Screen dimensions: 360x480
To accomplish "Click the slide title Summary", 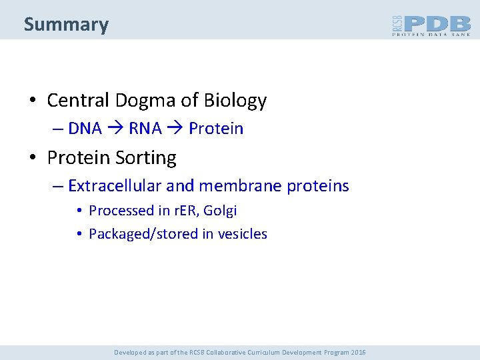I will (66, 25).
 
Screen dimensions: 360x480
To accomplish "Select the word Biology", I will (235, 101).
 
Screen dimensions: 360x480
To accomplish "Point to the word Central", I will (78, 101).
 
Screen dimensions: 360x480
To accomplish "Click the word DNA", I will (85, 129).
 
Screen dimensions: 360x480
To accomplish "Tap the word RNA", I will (145, 129).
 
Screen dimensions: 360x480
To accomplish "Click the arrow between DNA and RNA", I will (115, 129).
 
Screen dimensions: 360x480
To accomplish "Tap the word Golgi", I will (220, 211).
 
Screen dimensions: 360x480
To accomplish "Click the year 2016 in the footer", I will (357, 352).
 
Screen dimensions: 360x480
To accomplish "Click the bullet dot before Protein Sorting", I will (32, 159).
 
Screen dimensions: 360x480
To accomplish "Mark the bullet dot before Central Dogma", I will (32, 101).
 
